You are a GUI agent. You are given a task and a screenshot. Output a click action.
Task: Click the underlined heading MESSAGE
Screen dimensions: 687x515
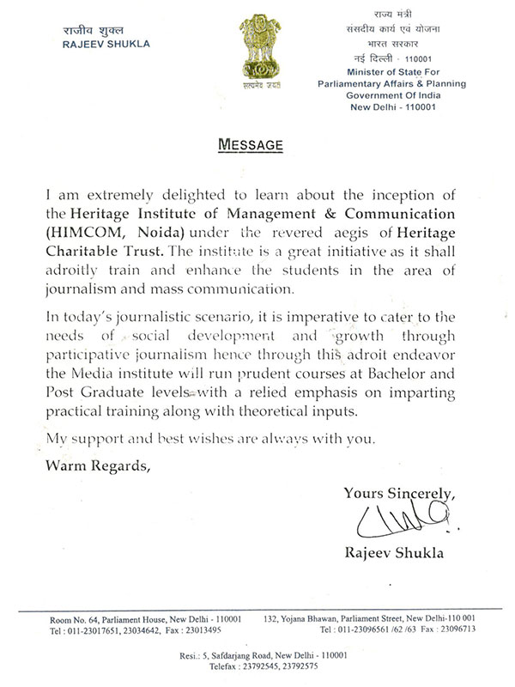(252, 145)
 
